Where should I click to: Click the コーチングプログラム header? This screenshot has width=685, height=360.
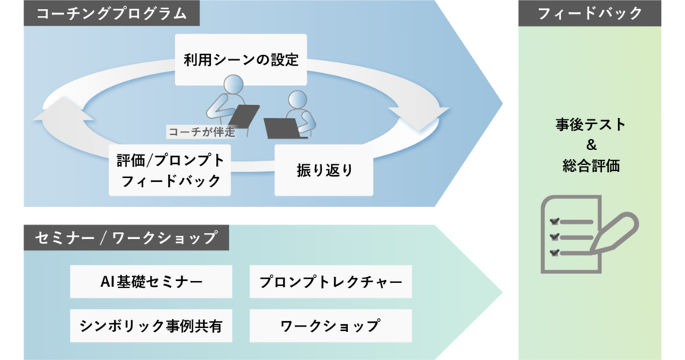click(111, 13)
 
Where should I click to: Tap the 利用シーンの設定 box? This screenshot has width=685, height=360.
click(241, 59)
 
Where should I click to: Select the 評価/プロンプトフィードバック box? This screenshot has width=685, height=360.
click(170, 170)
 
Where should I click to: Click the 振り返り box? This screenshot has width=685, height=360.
click(323, 170)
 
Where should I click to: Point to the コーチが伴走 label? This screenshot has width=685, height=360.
click(202, 132)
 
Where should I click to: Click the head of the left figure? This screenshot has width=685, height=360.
click(234, 84)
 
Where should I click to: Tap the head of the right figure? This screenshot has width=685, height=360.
click(298, 100)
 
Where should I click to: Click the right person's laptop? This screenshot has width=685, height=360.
click(282, 128)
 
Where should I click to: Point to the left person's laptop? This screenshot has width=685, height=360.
click(244, 116)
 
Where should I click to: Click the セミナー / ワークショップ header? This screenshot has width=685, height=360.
click(126, 237)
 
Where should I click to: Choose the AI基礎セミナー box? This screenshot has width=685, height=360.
click(151, 282)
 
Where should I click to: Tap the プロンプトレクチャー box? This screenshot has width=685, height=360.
click(331, 282)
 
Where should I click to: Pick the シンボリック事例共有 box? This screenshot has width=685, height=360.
click(151, 326)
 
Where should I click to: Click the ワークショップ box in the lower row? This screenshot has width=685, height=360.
click(331, 326)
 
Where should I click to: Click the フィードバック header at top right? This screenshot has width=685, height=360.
click(590, 13)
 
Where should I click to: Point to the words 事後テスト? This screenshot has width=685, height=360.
click(591, 125)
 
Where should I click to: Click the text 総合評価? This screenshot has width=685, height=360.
click(591, 166)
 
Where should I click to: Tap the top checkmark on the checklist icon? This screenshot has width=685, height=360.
click(554, 221)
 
